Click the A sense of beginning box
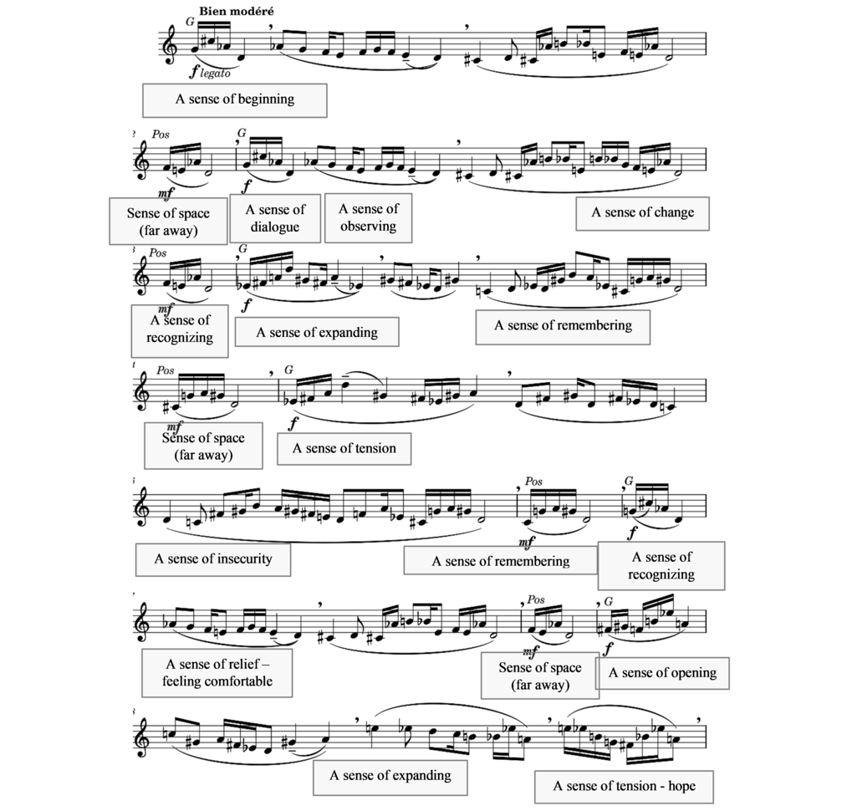point(234,100)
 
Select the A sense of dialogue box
point(275,218)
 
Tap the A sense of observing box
point(369,218)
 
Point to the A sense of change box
point(642,213)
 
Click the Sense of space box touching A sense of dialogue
point(168,222)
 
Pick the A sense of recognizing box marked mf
point(180,331)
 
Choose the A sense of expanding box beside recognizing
point(317,332)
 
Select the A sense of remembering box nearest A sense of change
point(563,326)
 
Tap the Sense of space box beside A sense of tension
point(203,446)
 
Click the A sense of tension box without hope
point(344,449)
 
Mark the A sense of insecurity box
point(213,559)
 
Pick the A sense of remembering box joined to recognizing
point(500,561)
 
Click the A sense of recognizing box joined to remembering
point(661,566)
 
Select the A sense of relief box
point(217,673)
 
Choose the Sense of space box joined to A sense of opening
point(539,676)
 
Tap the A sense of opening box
point(663,673)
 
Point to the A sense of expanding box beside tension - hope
point(390,777)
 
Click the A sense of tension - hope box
point(625,787)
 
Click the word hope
point(681,787)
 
